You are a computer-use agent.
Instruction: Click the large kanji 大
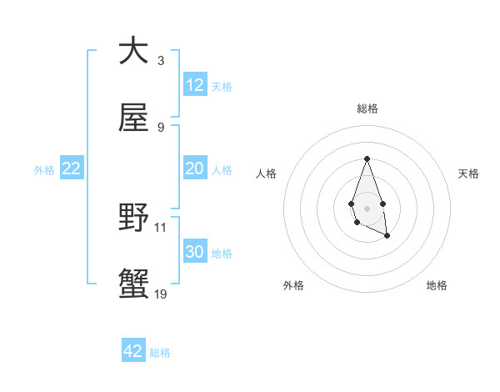[133, 52]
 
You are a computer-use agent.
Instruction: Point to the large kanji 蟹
[133, 285]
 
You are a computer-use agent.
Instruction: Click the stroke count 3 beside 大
[160, 61]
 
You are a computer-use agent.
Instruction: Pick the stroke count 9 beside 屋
[160, 128]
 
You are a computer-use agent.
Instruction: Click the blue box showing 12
[195, 85]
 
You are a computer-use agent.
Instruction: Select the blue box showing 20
[195, 168]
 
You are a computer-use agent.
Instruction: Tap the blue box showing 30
[195, 252]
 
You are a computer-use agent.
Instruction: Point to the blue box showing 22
[72, 168]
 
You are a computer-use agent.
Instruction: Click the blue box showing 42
[133, 351]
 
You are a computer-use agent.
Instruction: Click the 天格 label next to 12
[222, 87]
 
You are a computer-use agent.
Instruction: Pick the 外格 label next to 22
[44, 170]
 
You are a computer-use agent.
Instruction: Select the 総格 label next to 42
[160, 353]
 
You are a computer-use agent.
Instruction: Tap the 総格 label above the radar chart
[367, 108]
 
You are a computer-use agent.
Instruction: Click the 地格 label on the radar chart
[437, 285]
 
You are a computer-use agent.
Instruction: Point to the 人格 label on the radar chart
[267, 173]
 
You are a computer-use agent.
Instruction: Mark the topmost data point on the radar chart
[367, 158]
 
